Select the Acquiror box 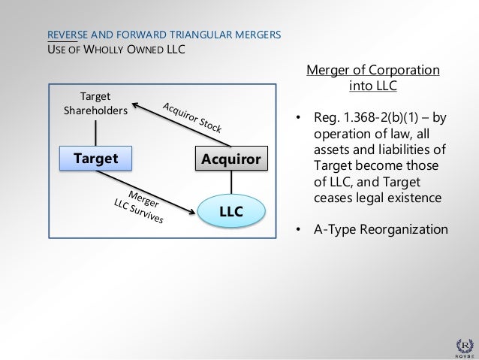coord(229,159)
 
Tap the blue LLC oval coord(230,212)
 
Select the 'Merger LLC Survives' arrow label coord(140,207)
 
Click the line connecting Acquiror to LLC coord(230,183)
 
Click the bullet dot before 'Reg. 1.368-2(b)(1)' coord(298,119)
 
